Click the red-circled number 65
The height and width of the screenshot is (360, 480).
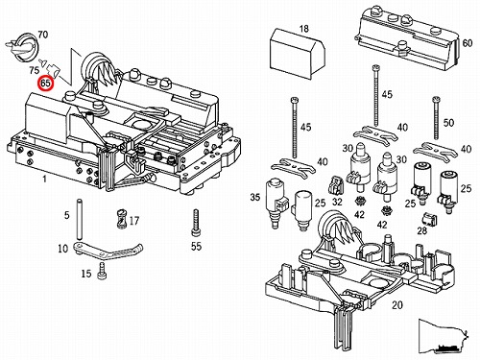[46, 84]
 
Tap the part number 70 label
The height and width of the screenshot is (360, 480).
[42, 35]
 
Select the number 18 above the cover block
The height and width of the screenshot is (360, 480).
[304, 29]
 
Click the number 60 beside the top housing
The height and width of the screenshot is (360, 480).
[468, 43]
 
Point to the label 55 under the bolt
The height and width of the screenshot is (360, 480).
[196, 246]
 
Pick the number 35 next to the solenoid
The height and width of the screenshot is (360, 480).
[255, 197]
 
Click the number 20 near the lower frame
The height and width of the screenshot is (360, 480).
[397, 305]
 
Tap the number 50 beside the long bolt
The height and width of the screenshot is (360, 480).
[448, 123]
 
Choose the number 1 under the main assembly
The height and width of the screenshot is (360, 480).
[44, 179]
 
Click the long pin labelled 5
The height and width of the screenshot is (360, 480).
[78, 220]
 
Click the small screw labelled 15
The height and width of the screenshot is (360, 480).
[103, 271]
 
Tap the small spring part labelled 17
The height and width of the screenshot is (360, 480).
[121, 219]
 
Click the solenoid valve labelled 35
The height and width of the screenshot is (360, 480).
[276, 202]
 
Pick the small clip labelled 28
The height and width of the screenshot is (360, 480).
[429, 219]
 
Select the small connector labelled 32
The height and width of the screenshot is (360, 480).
[336, 185]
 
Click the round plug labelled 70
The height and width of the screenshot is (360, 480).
[22, 47]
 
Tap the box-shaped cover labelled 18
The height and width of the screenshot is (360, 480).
[298, 54]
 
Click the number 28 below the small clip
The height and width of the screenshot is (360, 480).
[422, 230]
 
